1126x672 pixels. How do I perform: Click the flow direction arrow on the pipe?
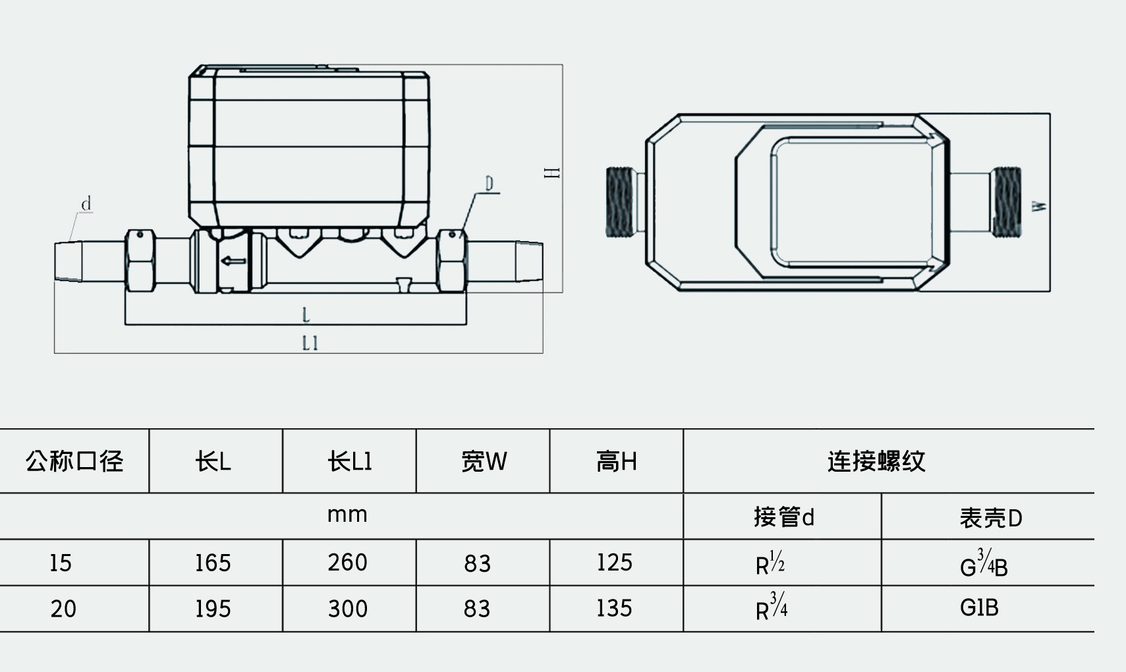[232, 261]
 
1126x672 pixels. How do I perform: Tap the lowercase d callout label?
[86, 204]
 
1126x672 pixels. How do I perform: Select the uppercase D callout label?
[489, 183]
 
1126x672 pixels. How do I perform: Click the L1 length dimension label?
[310, 343]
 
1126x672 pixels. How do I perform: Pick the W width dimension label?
[1040, 206]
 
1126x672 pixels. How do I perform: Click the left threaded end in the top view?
[619, 202]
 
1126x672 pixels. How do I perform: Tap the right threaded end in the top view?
[1006, 202]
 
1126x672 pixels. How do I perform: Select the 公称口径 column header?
[74, 461]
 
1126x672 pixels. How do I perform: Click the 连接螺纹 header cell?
[876, 461]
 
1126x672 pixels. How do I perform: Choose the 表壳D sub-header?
[990, 518]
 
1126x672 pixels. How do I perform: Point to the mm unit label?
[347, 515]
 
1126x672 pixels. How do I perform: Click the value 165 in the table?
[213, 563]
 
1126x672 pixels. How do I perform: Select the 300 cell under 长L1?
[347, 609]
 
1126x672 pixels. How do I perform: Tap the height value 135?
[614, 608]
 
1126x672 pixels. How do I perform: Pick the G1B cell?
[979, 607]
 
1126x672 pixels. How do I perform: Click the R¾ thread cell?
[771, 607]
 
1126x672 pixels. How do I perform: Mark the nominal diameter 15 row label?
[61, 563]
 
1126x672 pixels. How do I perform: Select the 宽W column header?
[484, 462]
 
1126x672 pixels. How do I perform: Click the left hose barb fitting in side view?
[69, 262]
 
